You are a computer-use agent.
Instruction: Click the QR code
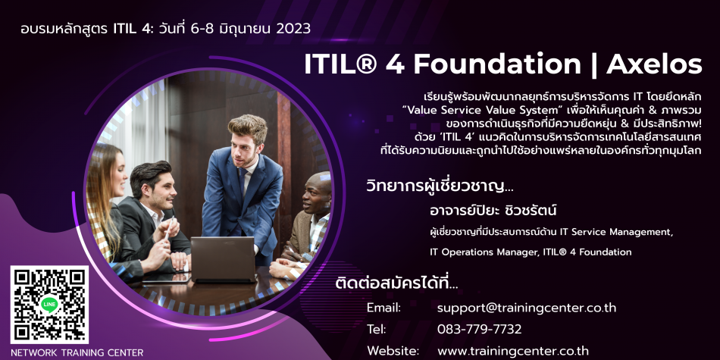[49, 305]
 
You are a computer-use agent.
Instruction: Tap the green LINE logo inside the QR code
[49, 305]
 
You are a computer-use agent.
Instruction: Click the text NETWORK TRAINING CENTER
[77, 353]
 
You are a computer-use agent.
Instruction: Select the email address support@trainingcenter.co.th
[527, 308]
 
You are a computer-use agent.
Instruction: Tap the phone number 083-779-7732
[480, 329]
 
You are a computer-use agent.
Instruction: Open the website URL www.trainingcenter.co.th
[513, 351]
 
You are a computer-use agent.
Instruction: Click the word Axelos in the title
[654, 65]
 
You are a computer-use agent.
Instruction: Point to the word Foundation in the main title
[497, 65]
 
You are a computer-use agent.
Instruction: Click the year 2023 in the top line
[294, 29]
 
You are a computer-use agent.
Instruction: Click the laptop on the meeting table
[223, 259]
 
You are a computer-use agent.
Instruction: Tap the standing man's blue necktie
[243, 182]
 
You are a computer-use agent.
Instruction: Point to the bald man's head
[318, 193]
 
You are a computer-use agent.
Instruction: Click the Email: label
[384, 308]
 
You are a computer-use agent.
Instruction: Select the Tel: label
[376, 329]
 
